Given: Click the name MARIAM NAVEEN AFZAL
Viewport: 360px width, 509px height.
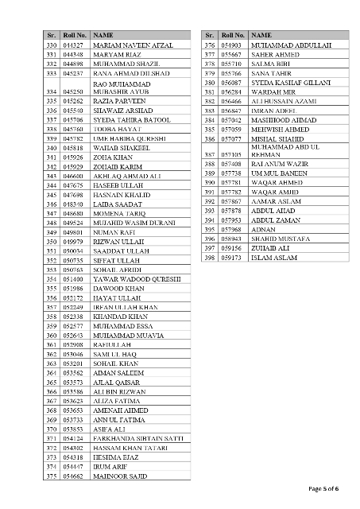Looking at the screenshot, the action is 132,47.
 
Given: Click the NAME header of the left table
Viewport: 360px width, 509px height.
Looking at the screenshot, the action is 103,37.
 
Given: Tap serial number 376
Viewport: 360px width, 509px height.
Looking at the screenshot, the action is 210,47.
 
